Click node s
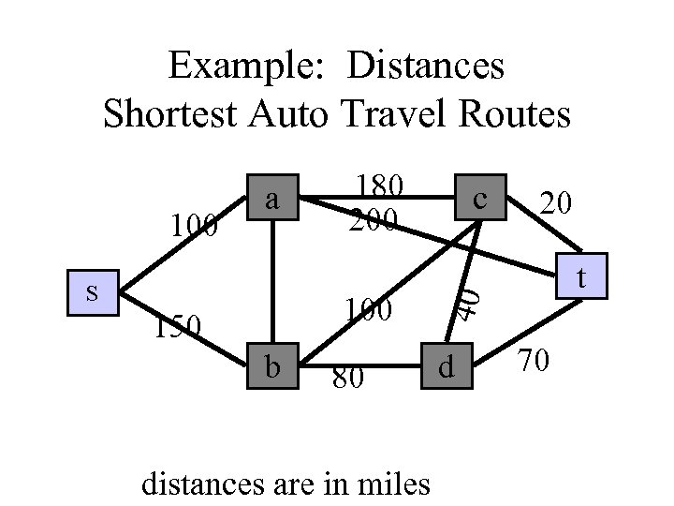point(92,291)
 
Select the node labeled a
point(271,199)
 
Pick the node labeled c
point(480,199)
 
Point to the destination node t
point(581,277)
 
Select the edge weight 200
point(374,220)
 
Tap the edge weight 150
point(178,325)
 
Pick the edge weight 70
point(536,359)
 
